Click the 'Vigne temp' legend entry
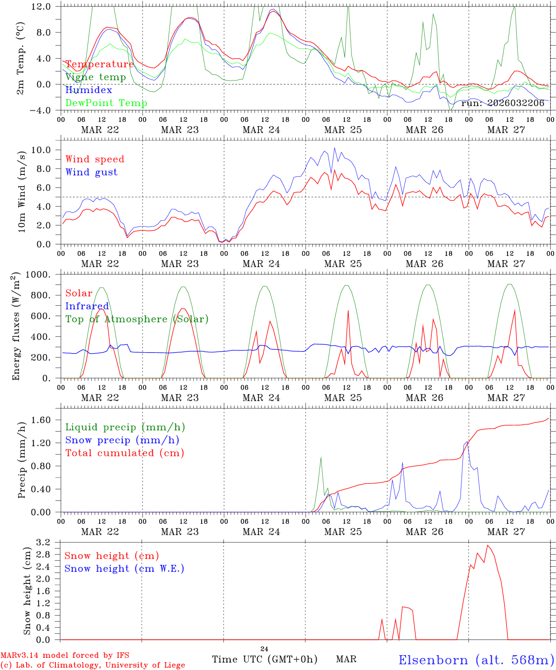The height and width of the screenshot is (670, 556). point(95,77)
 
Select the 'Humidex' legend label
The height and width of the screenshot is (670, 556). point(88,90)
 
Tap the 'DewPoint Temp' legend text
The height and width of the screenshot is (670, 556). point(106,103)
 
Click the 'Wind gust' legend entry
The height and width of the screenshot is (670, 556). point(91,172)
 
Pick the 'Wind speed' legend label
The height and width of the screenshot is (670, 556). point(95,159)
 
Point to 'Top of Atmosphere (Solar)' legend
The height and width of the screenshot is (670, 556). point(137,319)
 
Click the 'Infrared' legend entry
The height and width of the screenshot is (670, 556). point(87,306)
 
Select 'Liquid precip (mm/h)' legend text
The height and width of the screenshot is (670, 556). point(125,427)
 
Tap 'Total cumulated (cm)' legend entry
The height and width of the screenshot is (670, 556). point(125,453)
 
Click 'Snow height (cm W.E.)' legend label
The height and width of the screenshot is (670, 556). point(124,569)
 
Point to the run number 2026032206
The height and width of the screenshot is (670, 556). point(503,103)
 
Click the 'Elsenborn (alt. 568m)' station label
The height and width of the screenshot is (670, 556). point(476,660)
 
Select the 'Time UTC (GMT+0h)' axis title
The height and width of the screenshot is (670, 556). point(264,659)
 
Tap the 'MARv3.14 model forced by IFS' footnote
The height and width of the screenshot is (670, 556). point(65,656)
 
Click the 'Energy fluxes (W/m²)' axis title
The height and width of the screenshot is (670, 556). point(16,326)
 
